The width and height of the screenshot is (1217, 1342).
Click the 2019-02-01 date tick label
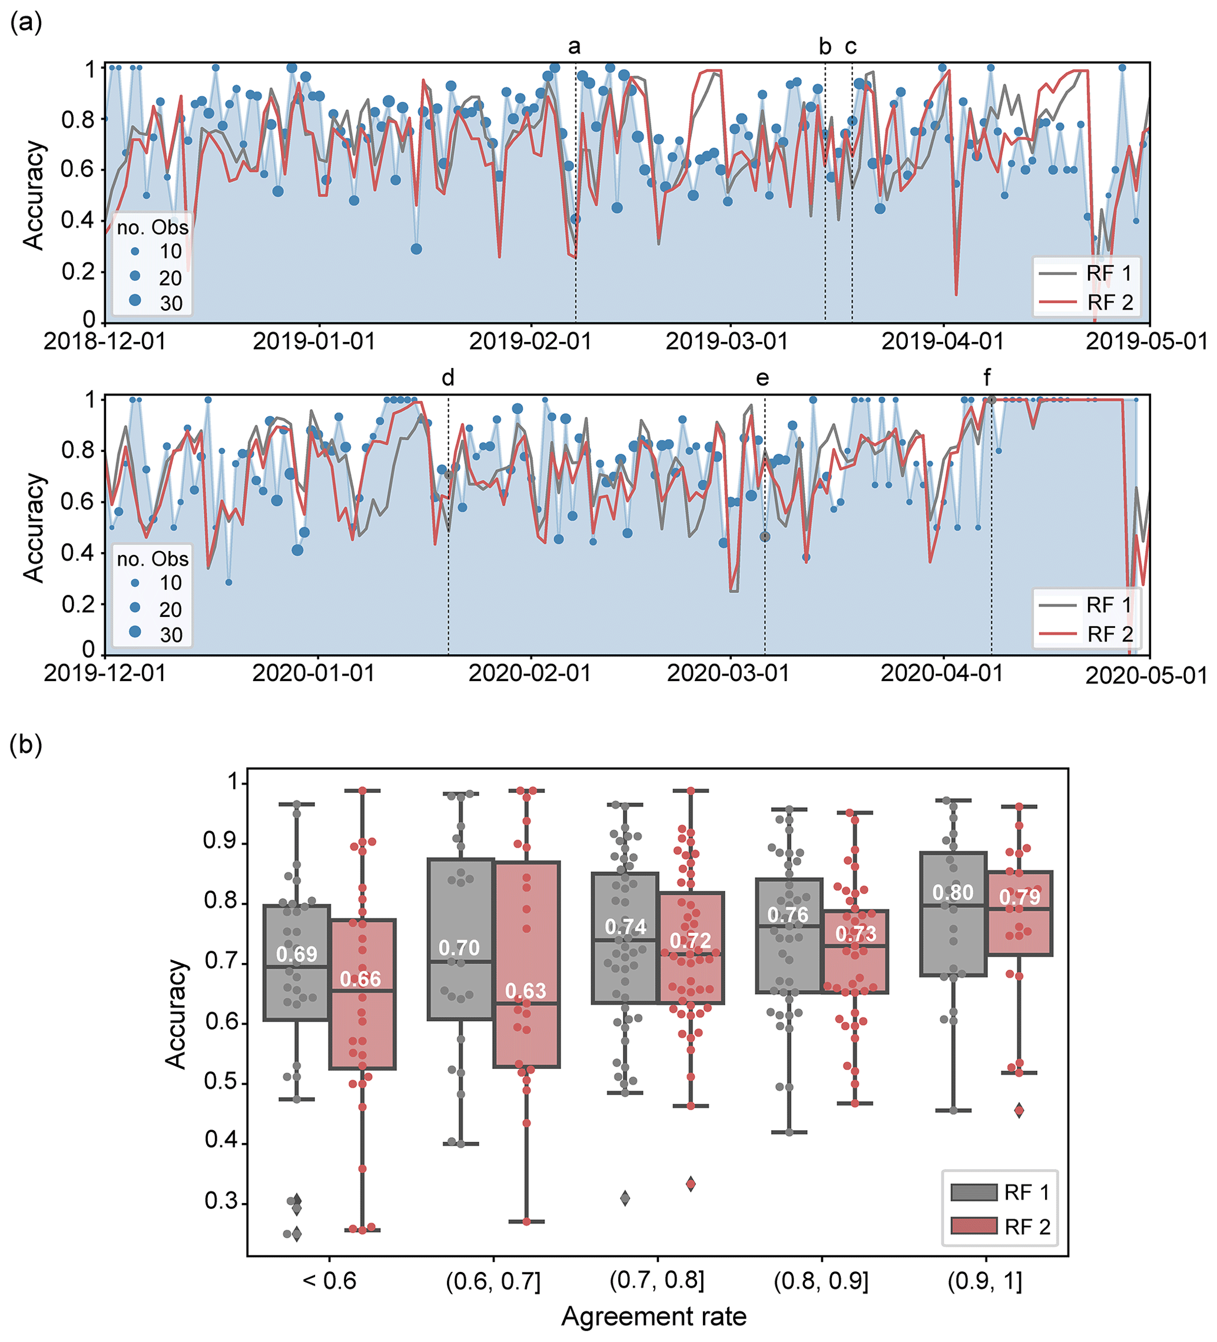pyautogui.click(x=530, y=341)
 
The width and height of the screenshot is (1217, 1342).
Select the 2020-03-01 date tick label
pyautogui.click(x=728, y=673)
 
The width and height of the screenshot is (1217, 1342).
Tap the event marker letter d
pyautogui.click(x=448, y=378)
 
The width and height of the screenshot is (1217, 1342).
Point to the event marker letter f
pyautogui.click(x=987, y=378)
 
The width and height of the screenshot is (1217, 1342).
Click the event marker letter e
pyautogui.click(x=762, y=378)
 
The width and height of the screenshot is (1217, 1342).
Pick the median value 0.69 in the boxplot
pyautogui.click(x=297, y=954)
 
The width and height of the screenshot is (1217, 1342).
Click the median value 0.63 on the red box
pyautogui.click(x=525, y=991)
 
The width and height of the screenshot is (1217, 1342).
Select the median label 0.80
pyautogui.click(x=953, y=893)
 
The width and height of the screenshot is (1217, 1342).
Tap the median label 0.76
pyautogui.click(x=788, y=915)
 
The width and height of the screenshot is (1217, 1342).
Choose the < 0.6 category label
pyautogui.click(x=329, y=1280)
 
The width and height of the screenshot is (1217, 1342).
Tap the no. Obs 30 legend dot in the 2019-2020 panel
pyautogui.click(x=135, y=632)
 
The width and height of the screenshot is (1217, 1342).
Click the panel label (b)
pyautogui.click(x=26, y=744)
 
